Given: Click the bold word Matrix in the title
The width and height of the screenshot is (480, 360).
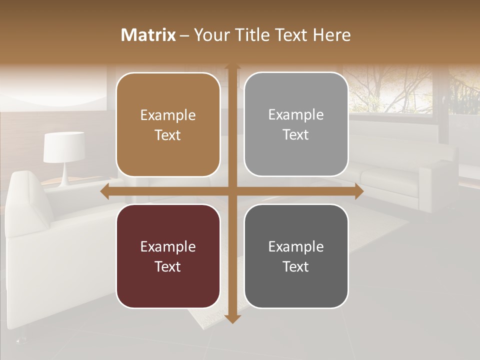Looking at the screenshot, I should click(x=148, y=35).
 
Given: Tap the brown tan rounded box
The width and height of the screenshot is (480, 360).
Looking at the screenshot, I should click(x=168, y=124).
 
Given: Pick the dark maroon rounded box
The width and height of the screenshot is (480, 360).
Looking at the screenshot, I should click(x=168, y=256).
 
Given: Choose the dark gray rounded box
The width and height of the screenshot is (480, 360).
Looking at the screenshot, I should click(x=296, y=256).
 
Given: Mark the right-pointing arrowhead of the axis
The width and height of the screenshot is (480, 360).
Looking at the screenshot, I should click(x=358, y=191).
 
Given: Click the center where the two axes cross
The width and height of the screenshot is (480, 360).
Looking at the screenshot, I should click(x=232, y=191).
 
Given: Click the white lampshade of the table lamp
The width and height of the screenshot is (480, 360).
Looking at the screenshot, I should click(x=63, y=147).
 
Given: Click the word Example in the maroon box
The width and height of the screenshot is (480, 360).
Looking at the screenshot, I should click(x=168, y=246).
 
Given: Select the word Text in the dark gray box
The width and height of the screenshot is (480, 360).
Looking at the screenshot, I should click(x=296, y=266).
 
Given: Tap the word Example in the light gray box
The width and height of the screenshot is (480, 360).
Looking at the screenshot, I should click(x=296, y=114).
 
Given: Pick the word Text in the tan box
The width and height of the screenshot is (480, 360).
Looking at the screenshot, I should click(x=168, y=135).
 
